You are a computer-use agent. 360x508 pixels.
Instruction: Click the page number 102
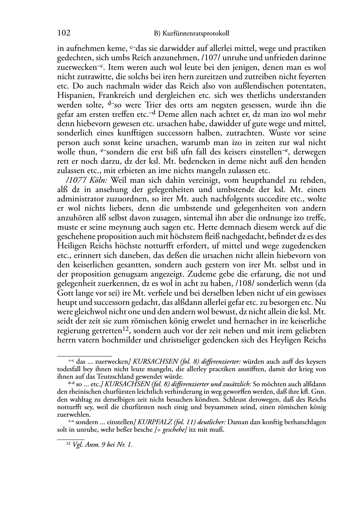63,33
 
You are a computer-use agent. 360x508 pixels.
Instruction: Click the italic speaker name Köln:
100,180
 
